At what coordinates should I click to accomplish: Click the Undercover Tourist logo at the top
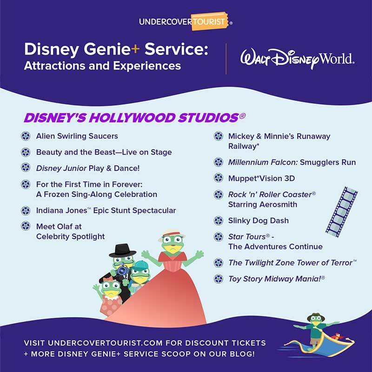coord(186,21)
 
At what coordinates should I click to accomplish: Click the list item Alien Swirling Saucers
coord(77,136)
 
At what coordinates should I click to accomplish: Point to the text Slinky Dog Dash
coord(258,220)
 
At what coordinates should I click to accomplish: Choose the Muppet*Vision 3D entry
coord(261,178)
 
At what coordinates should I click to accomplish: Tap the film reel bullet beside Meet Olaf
coord(26,226)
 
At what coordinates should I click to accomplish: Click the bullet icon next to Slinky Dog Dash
coord(218,220)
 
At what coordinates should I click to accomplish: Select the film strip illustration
coord(341,212)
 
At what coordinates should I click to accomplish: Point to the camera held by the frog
coord(122,270)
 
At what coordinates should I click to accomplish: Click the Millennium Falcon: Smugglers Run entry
coord(292,162)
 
